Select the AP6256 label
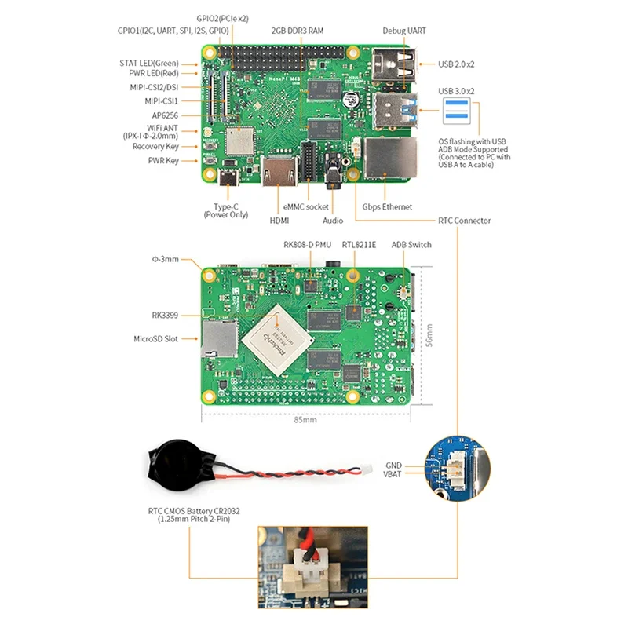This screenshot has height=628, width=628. click(x=165, y=115)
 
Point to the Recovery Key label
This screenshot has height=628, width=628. click(x=155, y=147)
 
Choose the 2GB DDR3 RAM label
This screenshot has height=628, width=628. click(x=298, y=31)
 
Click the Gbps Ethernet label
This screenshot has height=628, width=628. click(x=387, y=207)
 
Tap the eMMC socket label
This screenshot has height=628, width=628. click(x=306, y=207)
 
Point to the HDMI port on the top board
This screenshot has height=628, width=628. click(x=279, y=172)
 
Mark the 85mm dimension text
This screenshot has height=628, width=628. click(x=305, y=420)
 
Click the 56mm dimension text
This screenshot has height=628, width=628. click(x=427, y=335)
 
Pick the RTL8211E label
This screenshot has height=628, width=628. click(x=359, y=245)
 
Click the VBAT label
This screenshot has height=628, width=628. click(x=392, y=474)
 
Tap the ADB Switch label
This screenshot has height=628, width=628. click(x=411, y=245)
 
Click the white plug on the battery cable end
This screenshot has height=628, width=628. click(x=367, y=471)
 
